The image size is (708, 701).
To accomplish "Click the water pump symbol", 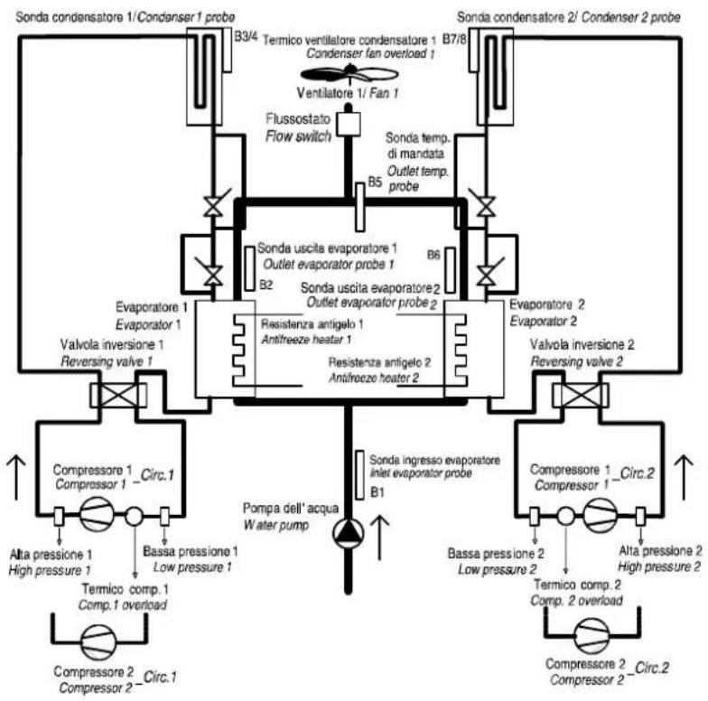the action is tap(349, 534).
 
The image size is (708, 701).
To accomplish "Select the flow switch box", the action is tap(349, 124).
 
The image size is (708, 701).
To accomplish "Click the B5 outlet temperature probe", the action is tap(359, 207).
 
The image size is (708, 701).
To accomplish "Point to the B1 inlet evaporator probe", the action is tap(359, 475).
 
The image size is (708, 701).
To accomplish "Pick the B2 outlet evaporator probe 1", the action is tap(249, 268).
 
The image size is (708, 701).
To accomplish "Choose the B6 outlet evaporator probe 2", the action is tap(450, 270).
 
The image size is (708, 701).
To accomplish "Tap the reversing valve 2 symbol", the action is tap(580, 395).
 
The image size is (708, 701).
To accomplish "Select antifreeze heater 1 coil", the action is tap(239, 350).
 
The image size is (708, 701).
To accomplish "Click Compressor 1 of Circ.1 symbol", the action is tap(97, 514).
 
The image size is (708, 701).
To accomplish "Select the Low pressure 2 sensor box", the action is tap(535, 517).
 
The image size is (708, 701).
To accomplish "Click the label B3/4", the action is tap(246, 36).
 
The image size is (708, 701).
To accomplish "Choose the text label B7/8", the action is tap(455, 40).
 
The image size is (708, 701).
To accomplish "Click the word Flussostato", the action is tap(298, 119).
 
